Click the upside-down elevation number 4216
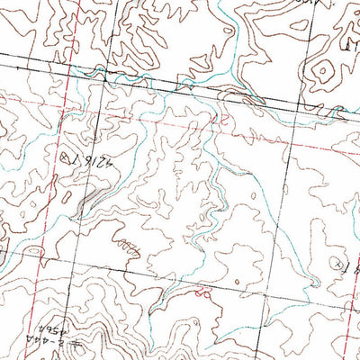pyautogui.click(x=90, y=163)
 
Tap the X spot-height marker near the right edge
pyautogui.click(x=336, y=265)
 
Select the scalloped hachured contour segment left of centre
pyautogui.click(x=126, y=244)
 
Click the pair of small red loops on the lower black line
pyautogui.click(x=202, y=292)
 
